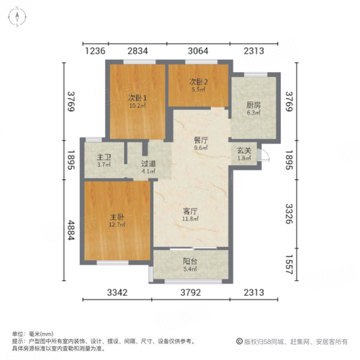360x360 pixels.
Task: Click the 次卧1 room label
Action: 138,99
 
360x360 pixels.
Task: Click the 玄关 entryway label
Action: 244,150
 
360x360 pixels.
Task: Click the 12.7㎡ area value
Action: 117,225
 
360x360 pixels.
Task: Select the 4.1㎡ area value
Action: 149,171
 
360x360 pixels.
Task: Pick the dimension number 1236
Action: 94,50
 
